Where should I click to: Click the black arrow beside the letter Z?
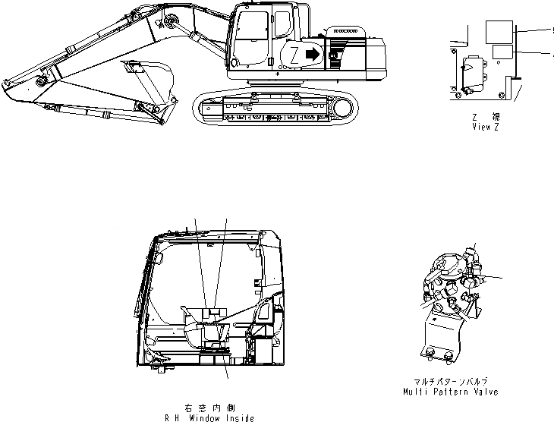coord(311,54)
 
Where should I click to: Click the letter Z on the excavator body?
coord(294,55)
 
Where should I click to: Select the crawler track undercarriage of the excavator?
coord(275,107)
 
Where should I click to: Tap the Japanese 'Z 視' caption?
coord(485,117)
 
